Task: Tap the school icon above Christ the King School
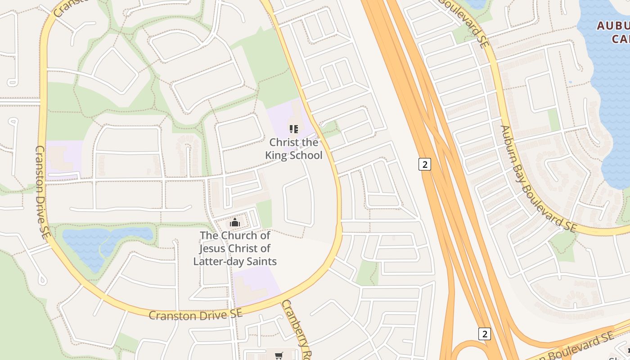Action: [x=294, y=130]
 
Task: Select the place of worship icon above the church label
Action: [x=234, y=222]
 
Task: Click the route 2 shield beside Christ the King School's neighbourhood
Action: [x=424, y=164]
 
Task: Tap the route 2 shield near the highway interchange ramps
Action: [x=484, y=334]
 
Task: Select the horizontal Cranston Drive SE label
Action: [x=195, y=315]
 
